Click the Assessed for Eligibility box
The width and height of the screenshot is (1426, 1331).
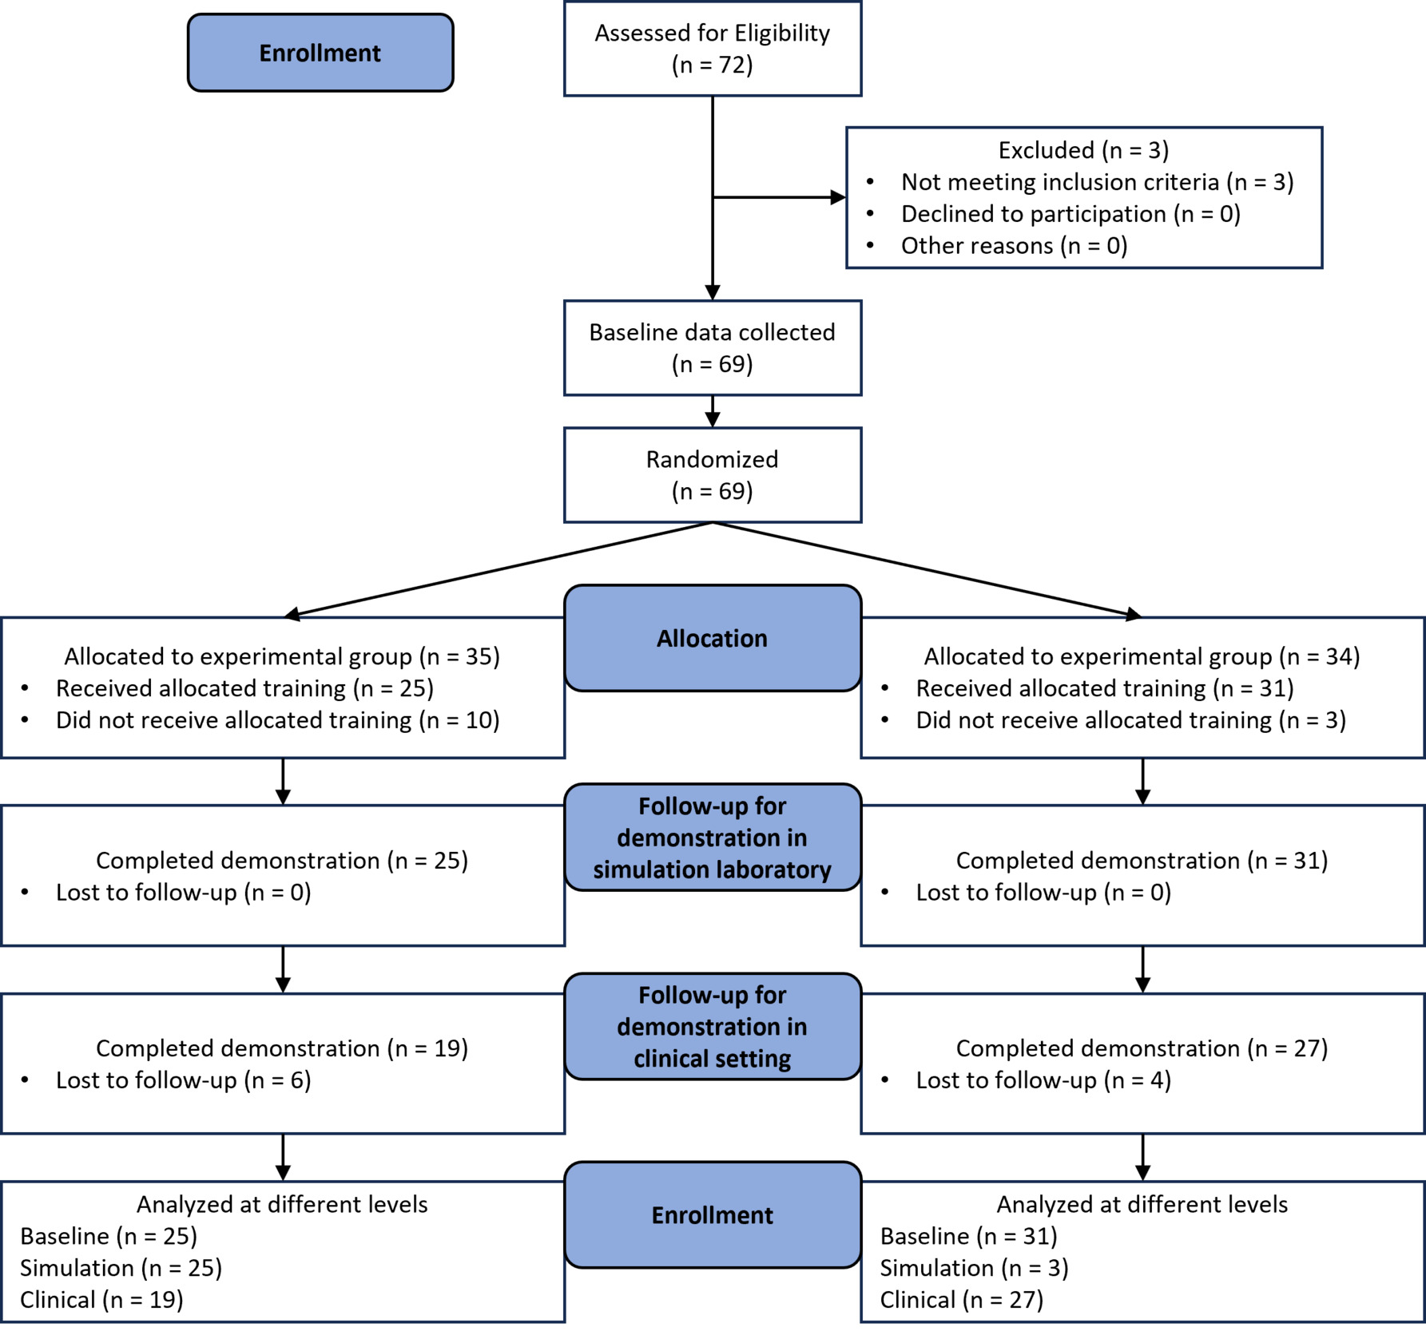coord(712,49)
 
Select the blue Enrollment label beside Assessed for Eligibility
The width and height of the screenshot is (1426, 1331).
coord(320,53)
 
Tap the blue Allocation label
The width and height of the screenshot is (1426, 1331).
coord(712,638)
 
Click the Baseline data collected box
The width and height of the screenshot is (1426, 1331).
coord(712,347)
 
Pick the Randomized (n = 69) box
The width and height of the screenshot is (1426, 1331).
coord(712,474)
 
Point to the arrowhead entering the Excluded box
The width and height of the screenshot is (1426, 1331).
coord(838,197)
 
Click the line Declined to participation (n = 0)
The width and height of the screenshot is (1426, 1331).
coord(1070,214)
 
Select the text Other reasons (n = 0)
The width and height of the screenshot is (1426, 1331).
coord(1013,246)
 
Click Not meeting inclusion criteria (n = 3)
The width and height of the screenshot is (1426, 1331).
coord(1096,182)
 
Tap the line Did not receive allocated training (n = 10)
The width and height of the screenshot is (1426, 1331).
coord(276,720)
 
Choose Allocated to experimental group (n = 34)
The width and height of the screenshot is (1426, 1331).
coord(1141,656)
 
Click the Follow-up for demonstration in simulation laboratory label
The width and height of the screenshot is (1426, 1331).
coord(712,838)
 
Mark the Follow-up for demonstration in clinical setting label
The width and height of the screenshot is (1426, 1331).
coord(712,1026)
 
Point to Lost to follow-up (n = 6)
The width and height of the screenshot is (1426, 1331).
coord(183,1080)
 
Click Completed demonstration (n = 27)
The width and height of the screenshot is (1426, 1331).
coord(1141,1048)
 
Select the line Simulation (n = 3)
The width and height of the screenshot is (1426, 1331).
coord(973,1268)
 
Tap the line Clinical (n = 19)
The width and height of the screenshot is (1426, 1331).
coord(101,1300)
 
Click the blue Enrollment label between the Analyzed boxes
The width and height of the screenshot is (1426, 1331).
coord(712,1214)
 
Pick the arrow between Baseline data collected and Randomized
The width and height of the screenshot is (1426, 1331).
coord(712,412)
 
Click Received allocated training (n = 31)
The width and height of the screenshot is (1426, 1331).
coord(1104,688)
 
